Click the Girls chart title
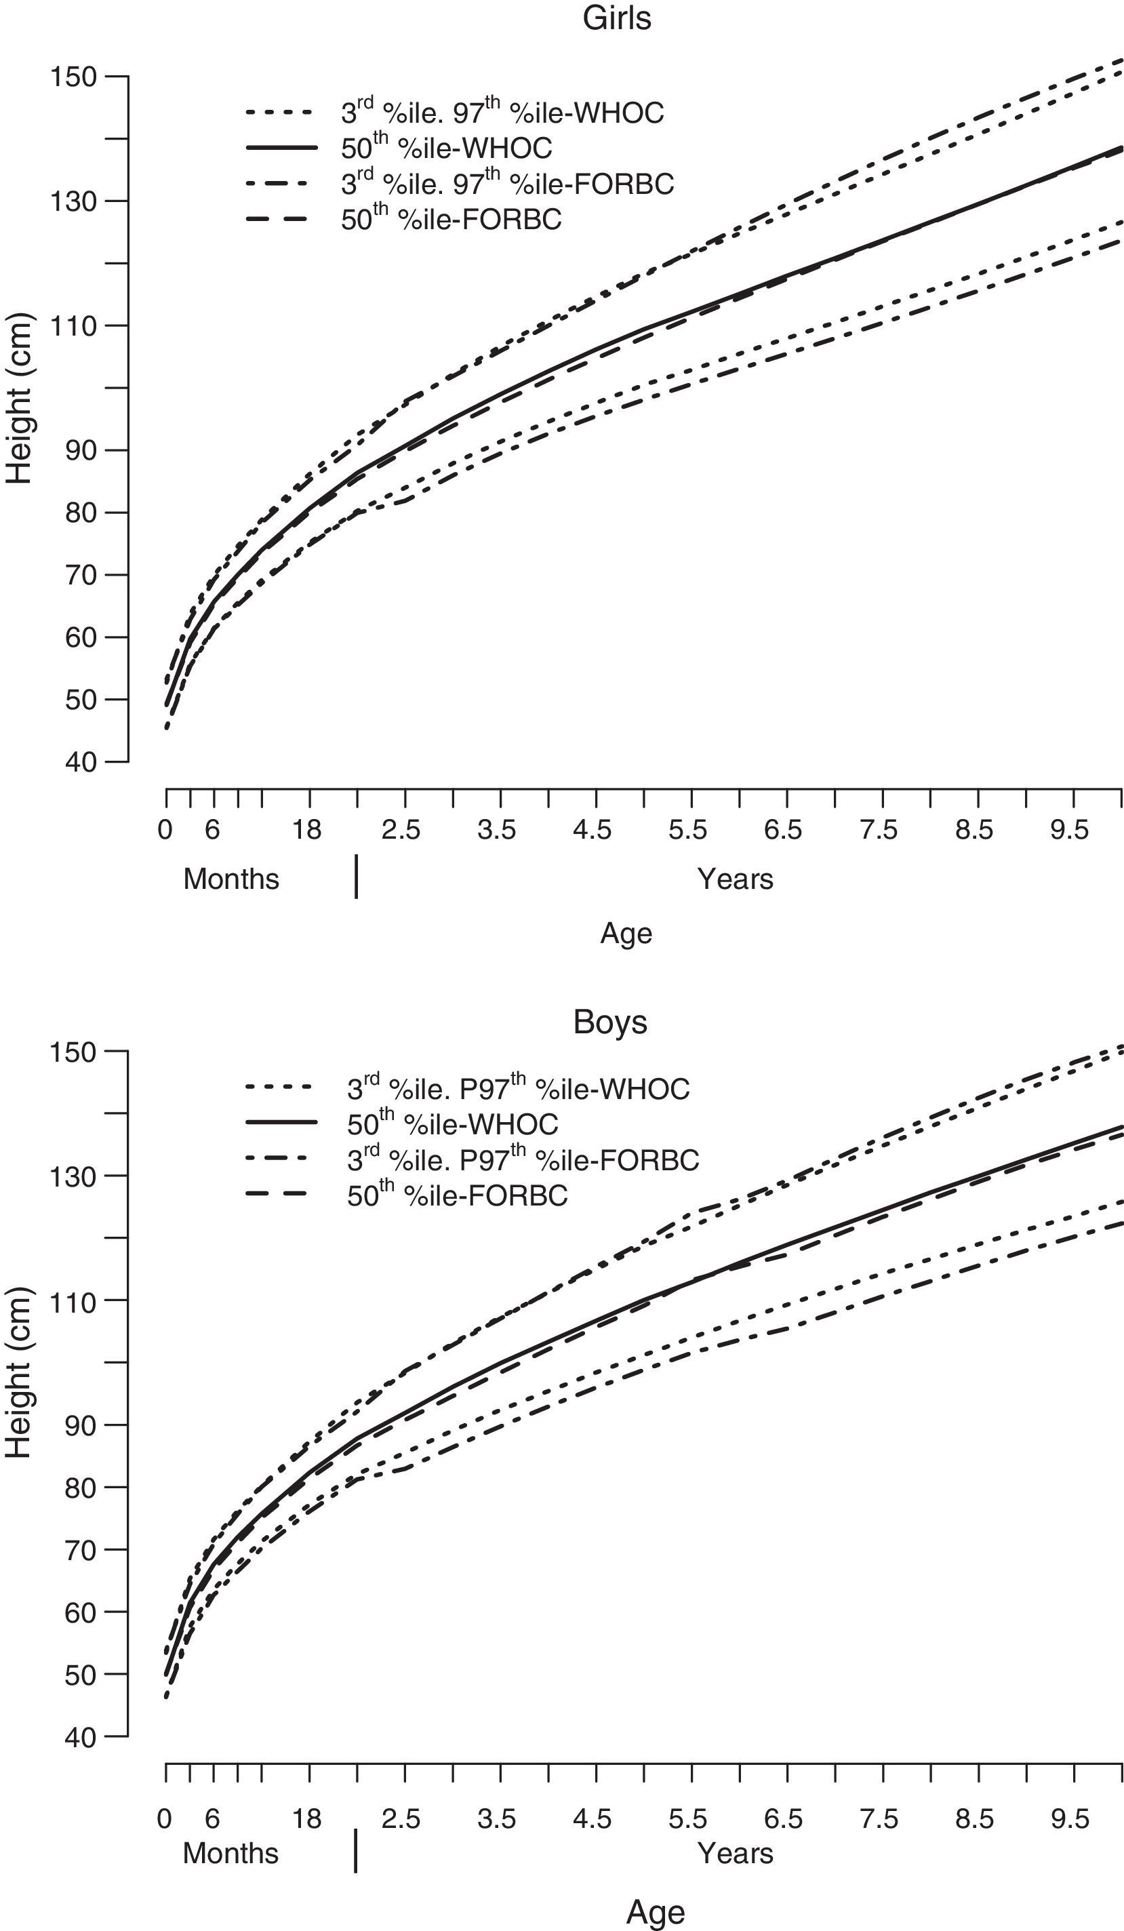[x=616, y=18]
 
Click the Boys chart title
[x=610, y=1022]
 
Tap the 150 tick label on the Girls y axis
[x=73, y=77]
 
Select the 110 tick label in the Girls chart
[x=73, y=325]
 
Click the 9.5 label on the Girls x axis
[x=1069, y=830]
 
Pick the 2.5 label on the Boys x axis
[x=401, y=1819]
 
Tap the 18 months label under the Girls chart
[x=307, y=830]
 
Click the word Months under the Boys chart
[x=230, y=1853]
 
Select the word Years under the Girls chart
[x=735, y=879]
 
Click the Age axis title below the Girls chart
[x=626, y=934]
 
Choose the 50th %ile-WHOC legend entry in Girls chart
[x=446, y=147]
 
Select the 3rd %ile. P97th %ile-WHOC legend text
[x=518, y=1088]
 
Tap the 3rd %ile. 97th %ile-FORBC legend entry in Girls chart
[x=507, y=183]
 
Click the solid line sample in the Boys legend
[x=281, y=1123]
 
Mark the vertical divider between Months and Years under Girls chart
[x=357, y=877]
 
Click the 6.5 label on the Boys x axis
[x=782, y=1819]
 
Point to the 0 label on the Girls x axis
[x=164, y=830]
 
